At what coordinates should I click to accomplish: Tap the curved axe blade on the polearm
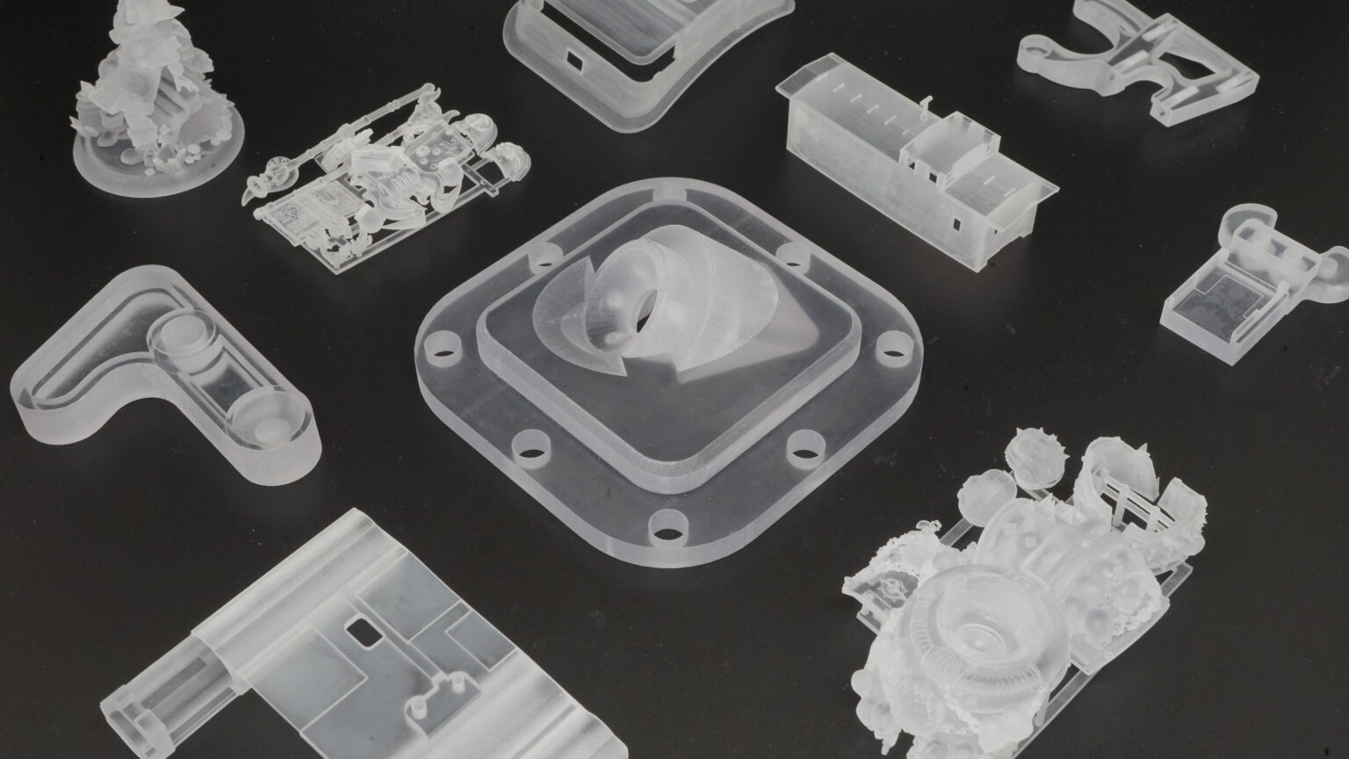(257, 185)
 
